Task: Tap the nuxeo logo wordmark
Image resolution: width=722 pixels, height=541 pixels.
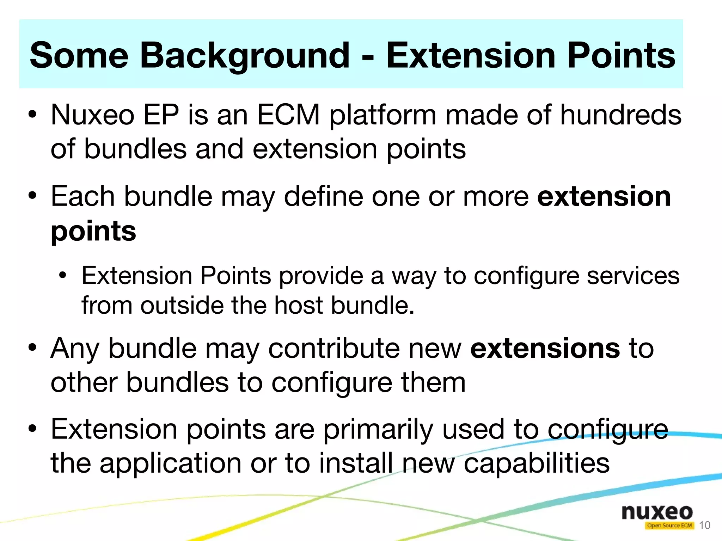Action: point(657,512)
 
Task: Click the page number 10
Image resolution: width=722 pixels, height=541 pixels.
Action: point(704,525)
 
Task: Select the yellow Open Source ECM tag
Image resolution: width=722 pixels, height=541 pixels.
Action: point(669,525)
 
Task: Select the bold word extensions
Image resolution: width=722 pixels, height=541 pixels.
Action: point(545,348)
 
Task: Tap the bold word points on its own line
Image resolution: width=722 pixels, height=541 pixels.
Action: point(93,232)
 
